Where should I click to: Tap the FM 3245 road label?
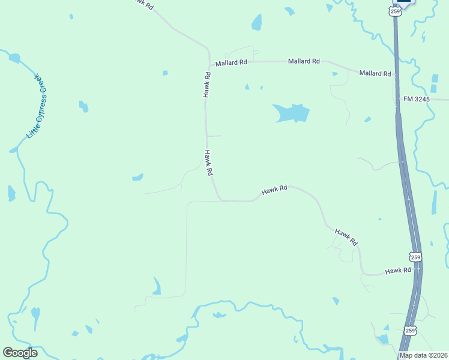[417, 98]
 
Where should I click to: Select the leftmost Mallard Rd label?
[232, 62]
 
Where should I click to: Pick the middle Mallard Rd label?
[304, 61]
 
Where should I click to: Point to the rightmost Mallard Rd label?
[375, 73]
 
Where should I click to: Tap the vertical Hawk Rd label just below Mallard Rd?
[206, 85]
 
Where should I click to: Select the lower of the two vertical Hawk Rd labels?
[209, 163]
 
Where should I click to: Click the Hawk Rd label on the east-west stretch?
[274, 191]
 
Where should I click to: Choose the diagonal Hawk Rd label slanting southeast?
[346, 237]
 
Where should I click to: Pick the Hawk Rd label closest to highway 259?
[398, 271]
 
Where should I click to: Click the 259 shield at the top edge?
[394, 11]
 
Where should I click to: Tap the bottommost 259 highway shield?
[410, 330]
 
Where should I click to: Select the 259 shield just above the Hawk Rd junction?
[415, 257]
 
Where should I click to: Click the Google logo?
[20, 353]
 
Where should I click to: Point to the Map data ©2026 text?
[424, 355]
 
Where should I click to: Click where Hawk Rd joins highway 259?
[420, 271]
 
